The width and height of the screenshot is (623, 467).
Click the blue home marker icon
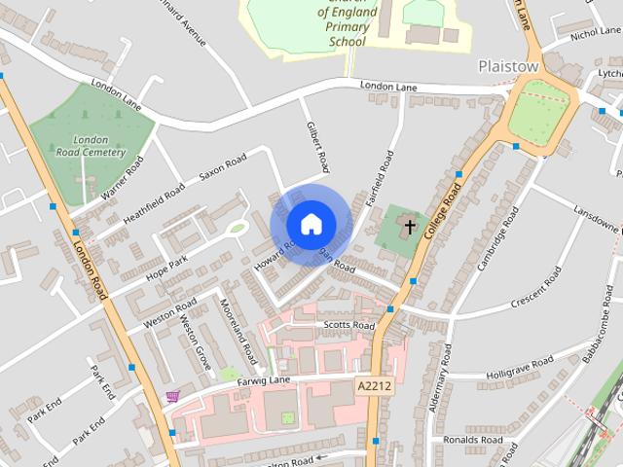[311, 225]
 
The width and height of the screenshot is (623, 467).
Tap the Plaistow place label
[508, 66]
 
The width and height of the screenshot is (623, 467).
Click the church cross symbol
[410, 228]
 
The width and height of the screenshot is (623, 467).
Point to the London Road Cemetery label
[90, 146]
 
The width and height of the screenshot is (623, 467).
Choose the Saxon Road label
[223, 168]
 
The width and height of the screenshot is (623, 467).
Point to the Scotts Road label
[348, 325]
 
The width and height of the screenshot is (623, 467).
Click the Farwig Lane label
[264, 380]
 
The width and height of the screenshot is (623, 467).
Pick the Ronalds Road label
[471, 439]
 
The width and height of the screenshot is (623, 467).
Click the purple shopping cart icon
[173, 396]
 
